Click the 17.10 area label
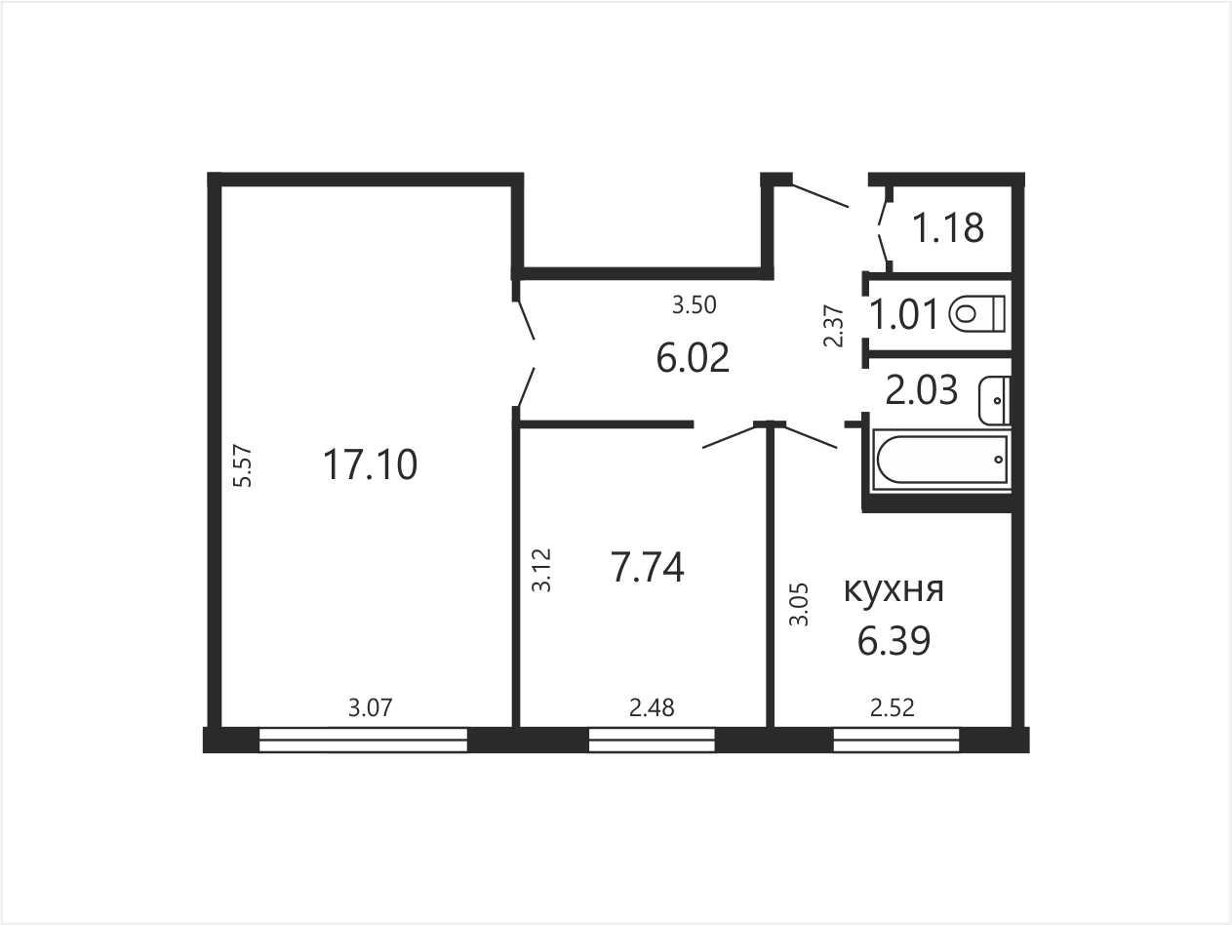(x=371, y=464)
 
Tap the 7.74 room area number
(x=647, y=568)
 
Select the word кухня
(x=894, y=590)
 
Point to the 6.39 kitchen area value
(x=894, y=640)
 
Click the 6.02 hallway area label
(x=693, y=357)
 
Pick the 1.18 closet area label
(x=948, y=227)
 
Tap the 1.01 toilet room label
(x=904, y=314)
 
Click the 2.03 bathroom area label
(x=921, y=390)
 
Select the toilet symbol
(x=976, y=313)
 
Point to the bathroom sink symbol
(x=994, y=400)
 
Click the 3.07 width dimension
(x=371, y=707)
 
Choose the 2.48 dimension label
(x=652, y=707)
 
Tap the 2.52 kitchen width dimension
(x=893, y=707)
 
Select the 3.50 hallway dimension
(x=695, y=304)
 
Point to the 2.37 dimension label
(x=833, y=326)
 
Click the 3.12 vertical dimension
(x=542, y=570)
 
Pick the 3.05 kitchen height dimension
(x=799, y=605)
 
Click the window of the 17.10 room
(x=363, y=740)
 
